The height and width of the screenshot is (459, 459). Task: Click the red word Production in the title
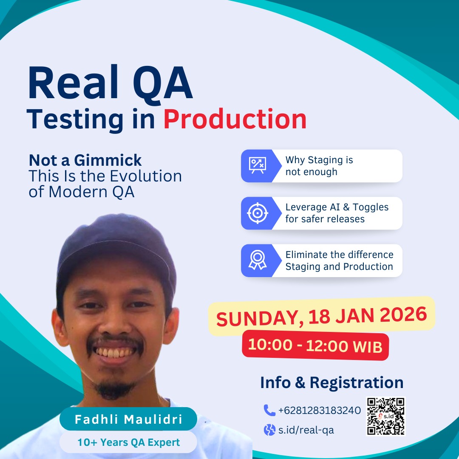[x=235, y=119]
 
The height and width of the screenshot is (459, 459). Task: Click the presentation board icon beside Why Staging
[x=257, y=165]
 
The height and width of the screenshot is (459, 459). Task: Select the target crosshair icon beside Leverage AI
[x=257, y=213]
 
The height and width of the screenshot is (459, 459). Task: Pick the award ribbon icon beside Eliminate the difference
[x=257, y=260]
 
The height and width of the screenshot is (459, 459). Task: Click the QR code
[x=385, y=416]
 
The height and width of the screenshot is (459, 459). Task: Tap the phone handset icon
[x=269, y=410]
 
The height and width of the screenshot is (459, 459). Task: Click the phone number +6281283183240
[x=319, y=411]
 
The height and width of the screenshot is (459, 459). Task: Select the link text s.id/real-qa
[x=306, y=430]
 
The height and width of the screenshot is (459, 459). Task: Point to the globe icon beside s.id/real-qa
[x=269, y=430]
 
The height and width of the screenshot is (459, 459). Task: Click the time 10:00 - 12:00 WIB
[x=315, y=346]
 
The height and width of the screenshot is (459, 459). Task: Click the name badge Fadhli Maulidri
[x=128, y=419]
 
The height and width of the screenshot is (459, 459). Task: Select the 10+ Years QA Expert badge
[x=128, y=442]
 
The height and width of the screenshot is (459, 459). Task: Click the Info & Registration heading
[x=331, y=382]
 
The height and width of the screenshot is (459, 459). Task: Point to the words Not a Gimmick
[x=85, y=160]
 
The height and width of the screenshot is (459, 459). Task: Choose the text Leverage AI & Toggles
[x=337, y=207]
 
